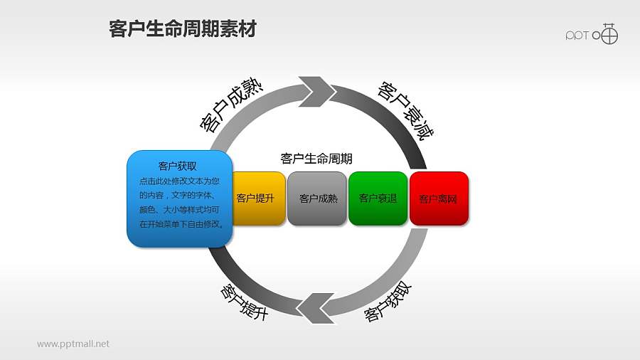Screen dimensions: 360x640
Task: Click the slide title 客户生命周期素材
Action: [183, 30]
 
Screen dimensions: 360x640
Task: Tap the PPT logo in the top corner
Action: [592, 34]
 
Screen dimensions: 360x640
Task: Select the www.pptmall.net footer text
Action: [73, 344]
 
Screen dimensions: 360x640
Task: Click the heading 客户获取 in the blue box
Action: [178, 166]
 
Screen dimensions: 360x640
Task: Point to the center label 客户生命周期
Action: [316, 158]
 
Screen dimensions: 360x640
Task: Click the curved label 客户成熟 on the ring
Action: [231, 105]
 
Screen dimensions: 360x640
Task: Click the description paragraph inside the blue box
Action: [181, 203]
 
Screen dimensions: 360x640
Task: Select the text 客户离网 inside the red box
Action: [438, 199]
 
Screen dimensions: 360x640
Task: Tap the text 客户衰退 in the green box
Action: [378, 198]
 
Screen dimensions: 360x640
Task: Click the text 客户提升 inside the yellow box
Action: [255, 198]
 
